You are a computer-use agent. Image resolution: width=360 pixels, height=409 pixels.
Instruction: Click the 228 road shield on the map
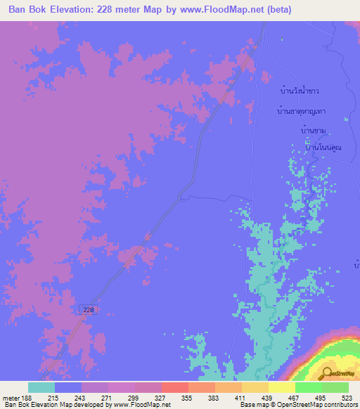tap(86, 309)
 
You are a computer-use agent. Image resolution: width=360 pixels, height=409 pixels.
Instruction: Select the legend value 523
tap(347, 398)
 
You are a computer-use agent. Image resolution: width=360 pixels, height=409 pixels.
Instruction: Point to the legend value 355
tap(188, 398)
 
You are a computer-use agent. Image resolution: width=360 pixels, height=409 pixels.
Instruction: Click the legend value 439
tap(268, 398)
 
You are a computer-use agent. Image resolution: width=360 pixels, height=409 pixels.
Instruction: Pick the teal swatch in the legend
tap(41, 387)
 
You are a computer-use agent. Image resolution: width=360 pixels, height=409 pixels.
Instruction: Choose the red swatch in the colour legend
tap(174, 387)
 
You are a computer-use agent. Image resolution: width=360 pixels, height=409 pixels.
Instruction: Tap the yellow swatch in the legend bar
tap(281, 387)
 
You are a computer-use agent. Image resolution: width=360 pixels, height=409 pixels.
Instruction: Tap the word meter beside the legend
tap(9, 398)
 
